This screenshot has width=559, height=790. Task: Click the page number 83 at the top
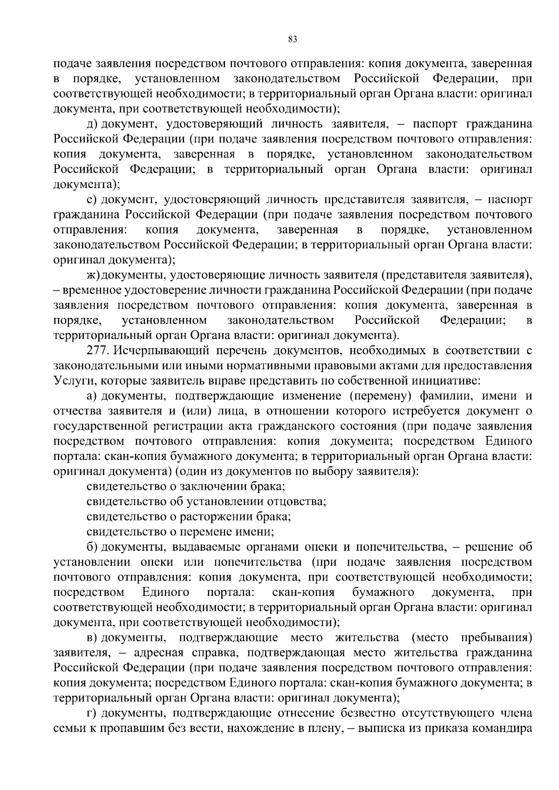[293, 39]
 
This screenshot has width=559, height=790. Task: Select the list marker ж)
[94, 275]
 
